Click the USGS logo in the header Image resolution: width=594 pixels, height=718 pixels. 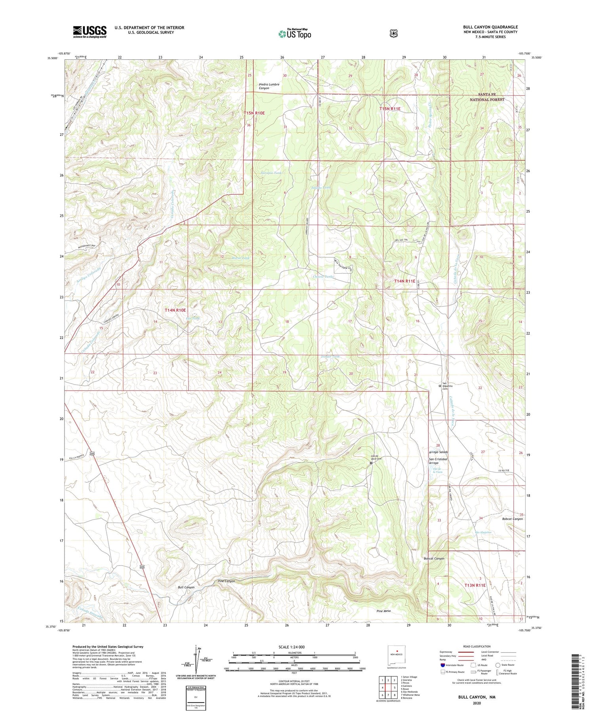coord(89,32)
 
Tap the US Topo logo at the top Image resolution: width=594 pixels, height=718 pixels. coord(295,34)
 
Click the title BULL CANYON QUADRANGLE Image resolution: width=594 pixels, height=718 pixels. coord(490,27)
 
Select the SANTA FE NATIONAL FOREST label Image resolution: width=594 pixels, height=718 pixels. coord(487,97)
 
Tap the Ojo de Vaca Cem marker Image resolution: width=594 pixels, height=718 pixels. coord(371,463)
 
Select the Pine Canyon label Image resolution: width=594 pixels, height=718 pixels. coord(227,581)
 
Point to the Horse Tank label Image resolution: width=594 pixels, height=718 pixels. coord(241,258)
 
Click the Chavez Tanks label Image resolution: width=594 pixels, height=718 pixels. coord(323,276)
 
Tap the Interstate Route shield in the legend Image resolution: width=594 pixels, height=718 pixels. coord(443,665)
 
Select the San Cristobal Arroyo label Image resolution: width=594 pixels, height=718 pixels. coord(438,461)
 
